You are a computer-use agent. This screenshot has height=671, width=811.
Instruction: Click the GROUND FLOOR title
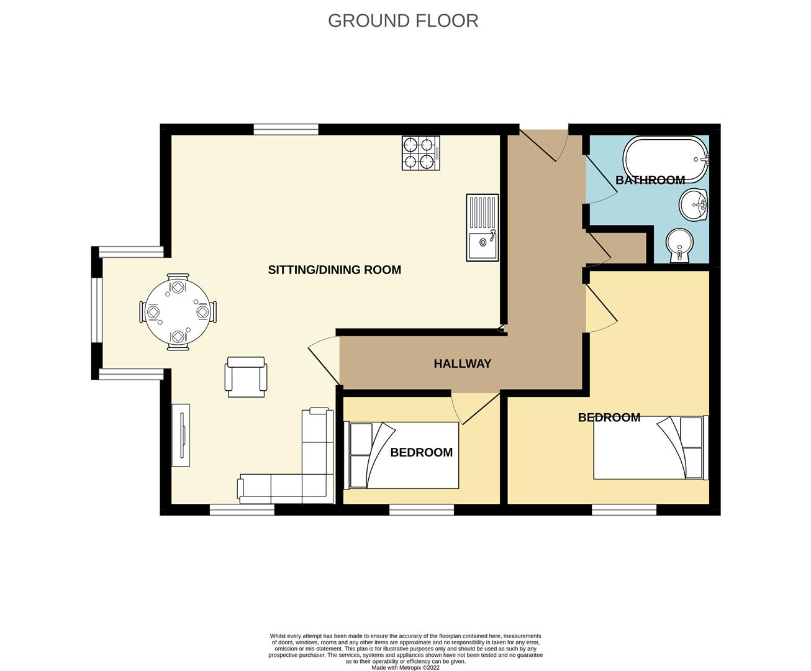[x=403, y=21]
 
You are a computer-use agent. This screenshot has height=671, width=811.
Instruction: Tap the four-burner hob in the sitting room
[x=421, y=153]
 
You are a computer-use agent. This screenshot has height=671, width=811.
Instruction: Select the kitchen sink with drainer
[x=483, y=227]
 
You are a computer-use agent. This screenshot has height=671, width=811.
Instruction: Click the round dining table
[x=178, y=312]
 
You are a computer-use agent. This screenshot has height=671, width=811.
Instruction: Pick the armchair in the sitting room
[x=246, y=377]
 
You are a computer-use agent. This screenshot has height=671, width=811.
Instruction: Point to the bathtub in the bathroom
[x=666, y=159]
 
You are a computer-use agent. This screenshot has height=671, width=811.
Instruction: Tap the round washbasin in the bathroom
[x=693, y=205]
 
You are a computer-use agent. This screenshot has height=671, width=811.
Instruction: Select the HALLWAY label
[x=463, y=363]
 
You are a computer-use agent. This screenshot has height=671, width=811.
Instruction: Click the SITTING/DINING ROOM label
[x=335, y=270]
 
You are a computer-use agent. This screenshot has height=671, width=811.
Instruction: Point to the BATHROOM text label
[x=650, y=180]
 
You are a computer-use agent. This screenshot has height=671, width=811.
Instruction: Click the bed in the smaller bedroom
[x=401, y=455]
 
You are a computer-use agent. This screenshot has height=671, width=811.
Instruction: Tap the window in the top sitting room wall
[x=286, y=129]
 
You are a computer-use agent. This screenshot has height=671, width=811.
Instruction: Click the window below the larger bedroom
[x=624, y=509]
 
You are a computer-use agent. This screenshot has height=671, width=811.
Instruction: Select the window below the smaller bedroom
[x=422, y=509]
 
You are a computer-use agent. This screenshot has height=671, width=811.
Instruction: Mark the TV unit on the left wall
[x=181, y=435]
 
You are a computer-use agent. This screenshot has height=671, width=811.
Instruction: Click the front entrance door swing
[x=544, y=146]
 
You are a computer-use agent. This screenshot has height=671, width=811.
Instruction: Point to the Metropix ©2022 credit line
[x=406, y=667]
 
